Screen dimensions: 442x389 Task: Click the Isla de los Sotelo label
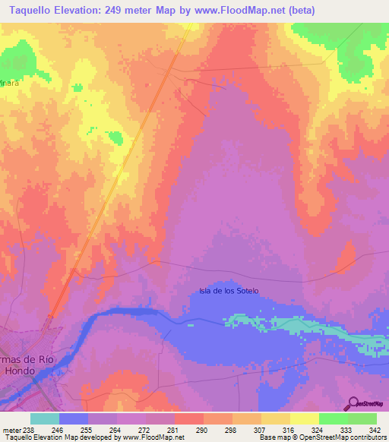tap(229, 291)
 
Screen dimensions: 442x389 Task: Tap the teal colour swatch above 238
tap(45, 418)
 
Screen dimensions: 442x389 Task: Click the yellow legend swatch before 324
tap(305, 418)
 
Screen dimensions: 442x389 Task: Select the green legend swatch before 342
tap(362, 418)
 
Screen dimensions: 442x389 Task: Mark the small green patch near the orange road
tap(115, 137)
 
